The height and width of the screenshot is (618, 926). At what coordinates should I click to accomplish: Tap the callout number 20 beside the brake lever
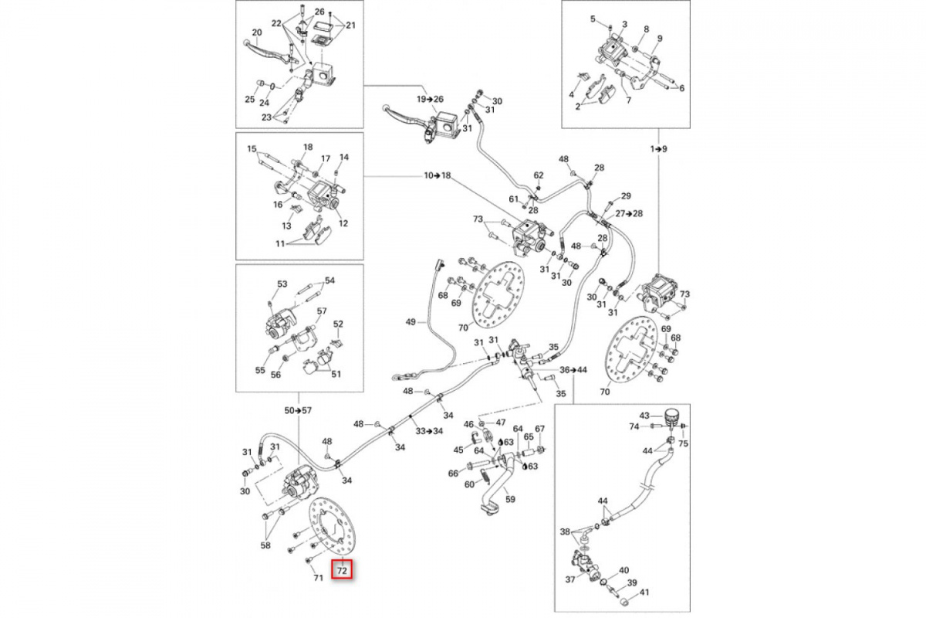[257, 32]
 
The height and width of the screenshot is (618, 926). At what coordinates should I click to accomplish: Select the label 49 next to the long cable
[411, 321]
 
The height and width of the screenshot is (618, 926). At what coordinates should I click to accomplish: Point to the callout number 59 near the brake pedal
[510, 499]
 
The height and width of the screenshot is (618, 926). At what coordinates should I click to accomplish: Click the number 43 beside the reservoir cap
[645, 415]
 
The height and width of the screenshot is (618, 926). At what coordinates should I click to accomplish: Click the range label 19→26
[431, 99]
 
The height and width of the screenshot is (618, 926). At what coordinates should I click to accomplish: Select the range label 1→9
[659, 148]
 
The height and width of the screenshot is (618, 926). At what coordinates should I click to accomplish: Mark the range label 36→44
[573, 370]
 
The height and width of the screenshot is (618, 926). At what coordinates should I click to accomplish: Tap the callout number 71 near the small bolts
[317, 578]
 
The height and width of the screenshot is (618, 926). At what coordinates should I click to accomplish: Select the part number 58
[265, 546]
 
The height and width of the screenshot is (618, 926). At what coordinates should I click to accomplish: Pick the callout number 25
[250, 100]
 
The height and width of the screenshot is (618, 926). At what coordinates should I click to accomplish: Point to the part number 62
[539, 175]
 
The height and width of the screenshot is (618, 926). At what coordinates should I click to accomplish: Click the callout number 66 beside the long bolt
[453, 474]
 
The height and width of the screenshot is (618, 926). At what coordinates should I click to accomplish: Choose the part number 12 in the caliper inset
[343, 223]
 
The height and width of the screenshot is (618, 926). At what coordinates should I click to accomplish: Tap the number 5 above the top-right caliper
[614, 19]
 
